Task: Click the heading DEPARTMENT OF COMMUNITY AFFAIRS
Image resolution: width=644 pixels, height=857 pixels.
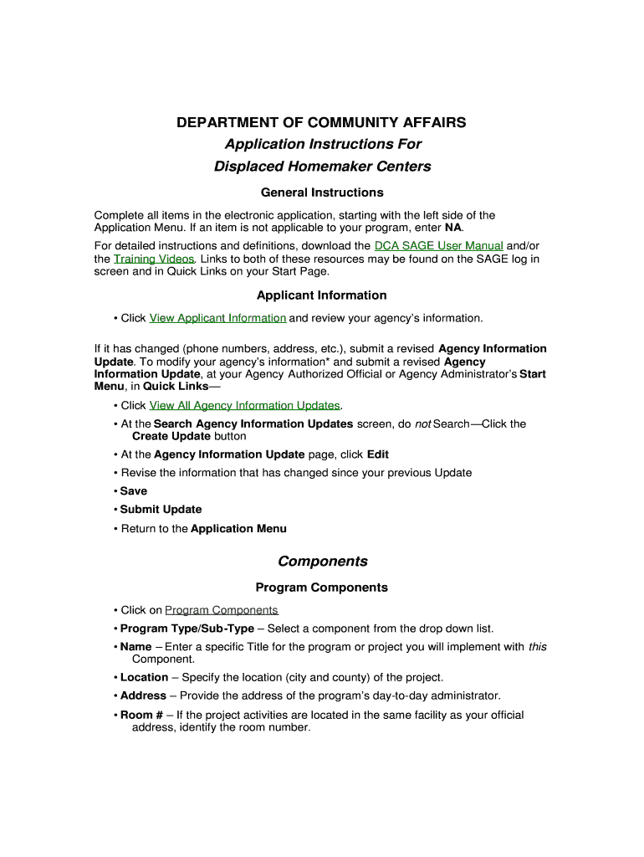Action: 321,123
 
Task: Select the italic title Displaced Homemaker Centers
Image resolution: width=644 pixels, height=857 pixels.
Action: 322,166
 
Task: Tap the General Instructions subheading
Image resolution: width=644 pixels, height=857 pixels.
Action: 322,192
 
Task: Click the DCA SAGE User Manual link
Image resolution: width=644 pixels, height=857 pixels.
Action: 438,246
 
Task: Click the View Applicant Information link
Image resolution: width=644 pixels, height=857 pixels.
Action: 217,318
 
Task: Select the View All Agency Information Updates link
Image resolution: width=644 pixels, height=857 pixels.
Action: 245,406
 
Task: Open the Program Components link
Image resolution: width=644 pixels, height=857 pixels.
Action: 222,610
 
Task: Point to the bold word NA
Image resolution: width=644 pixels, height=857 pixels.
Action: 452,228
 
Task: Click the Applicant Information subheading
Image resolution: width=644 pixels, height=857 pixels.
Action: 322,295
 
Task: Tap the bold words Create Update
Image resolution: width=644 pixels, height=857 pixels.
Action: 171,436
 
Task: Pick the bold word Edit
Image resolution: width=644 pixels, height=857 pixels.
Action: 377,454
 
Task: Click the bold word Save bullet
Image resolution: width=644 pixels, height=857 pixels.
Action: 133,491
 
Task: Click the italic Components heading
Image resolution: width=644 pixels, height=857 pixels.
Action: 322,561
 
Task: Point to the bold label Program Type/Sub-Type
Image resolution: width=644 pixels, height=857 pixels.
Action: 187,629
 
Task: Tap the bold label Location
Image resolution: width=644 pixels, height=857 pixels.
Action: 144,677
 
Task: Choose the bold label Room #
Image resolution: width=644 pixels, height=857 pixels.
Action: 141,715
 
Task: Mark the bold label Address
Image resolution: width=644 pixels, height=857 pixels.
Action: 143,695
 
